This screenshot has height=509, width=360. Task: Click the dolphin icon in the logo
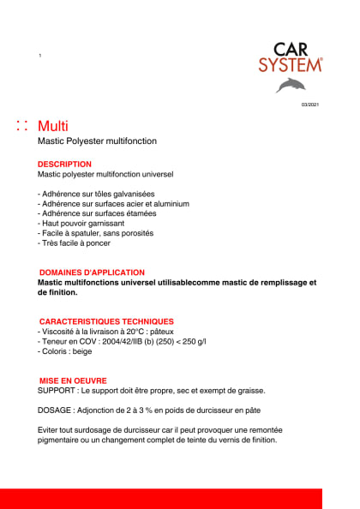pos(290,84)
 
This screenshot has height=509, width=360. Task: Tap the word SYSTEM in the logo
pos(291,64)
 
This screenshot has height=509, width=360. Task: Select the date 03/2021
pos(309,105)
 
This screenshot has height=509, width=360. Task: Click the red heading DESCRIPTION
pos(64,163)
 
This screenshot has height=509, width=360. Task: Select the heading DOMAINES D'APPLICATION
pos(93,272)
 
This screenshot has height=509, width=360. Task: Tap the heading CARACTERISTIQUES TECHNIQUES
pos(106,321)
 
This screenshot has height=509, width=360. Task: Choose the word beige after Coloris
pos(81,351)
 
